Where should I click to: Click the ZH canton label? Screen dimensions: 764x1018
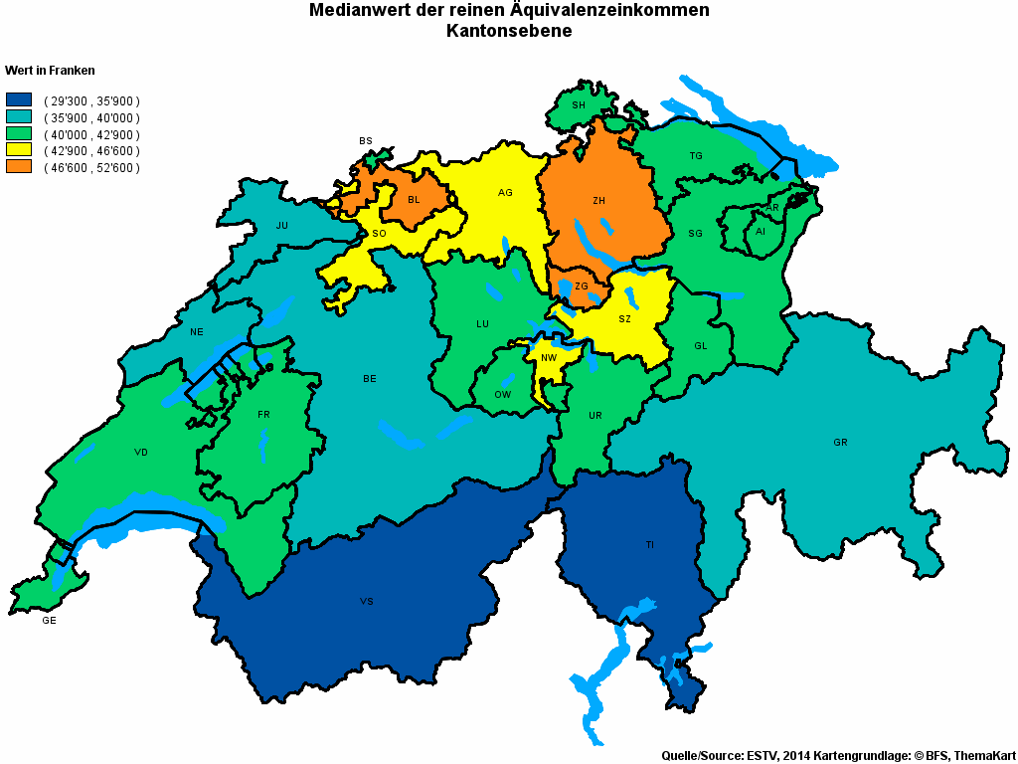[x=598, y=201]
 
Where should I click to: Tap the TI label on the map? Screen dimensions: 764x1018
[x=649, y=545]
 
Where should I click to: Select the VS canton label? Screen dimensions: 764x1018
[x=367, y=602]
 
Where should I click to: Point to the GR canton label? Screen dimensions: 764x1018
[x=840, y=442]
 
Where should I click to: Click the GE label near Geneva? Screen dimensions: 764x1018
[x=49, y=621]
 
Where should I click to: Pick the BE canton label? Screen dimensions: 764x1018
[x=370, y=379]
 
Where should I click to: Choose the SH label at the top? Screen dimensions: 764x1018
[x=578, y=104]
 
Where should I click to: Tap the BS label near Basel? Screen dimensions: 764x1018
[x=366, y=141]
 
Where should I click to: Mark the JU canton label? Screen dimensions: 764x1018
[x=282, y=226]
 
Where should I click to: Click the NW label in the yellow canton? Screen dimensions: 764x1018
[x=549, y=357]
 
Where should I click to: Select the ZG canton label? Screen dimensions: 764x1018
[x=582, y=286]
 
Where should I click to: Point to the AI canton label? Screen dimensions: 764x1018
[x=761, y=231]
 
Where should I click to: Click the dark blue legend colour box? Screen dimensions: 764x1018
[x=20, y=100]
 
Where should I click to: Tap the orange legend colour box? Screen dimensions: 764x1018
[x=20, y=167]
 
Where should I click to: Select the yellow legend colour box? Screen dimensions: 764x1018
[x=20, y=150]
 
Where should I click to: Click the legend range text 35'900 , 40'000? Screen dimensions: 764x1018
[x=91, y=117]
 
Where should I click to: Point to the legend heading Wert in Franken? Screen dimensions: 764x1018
[x=50, y=71]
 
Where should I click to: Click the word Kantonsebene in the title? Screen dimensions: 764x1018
[x=509, y=32]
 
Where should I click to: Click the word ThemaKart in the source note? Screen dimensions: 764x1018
[x=984, y=756]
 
